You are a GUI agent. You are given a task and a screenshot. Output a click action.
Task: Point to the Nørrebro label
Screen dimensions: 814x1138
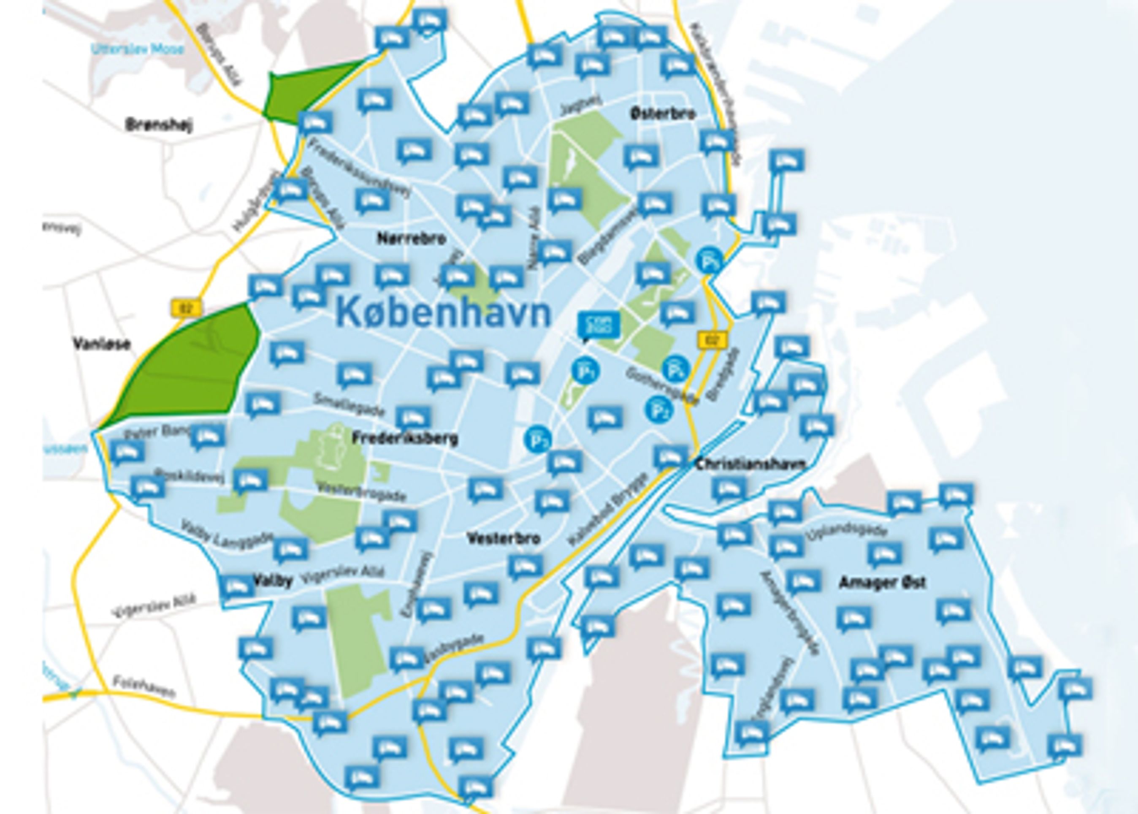(x=412, y=239)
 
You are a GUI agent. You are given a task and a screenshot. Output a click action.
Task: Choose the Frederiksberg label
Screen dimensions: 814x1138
(x=405, y=439)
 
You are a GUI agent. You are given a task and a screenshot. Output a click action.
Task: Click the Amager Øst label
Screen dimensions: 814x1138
(x=882, y=583)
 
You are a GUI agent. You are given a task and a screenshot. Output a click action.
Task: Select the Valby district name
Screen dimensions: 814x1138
(x=273, y=581)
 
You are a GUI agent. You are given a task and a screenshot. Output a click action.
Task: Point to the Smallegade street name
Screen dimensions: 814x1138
(x=350, y=404)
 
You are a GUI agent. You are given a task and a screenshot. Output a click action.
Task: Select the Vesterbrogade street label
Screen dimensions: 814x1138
(x=361, y=492)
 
